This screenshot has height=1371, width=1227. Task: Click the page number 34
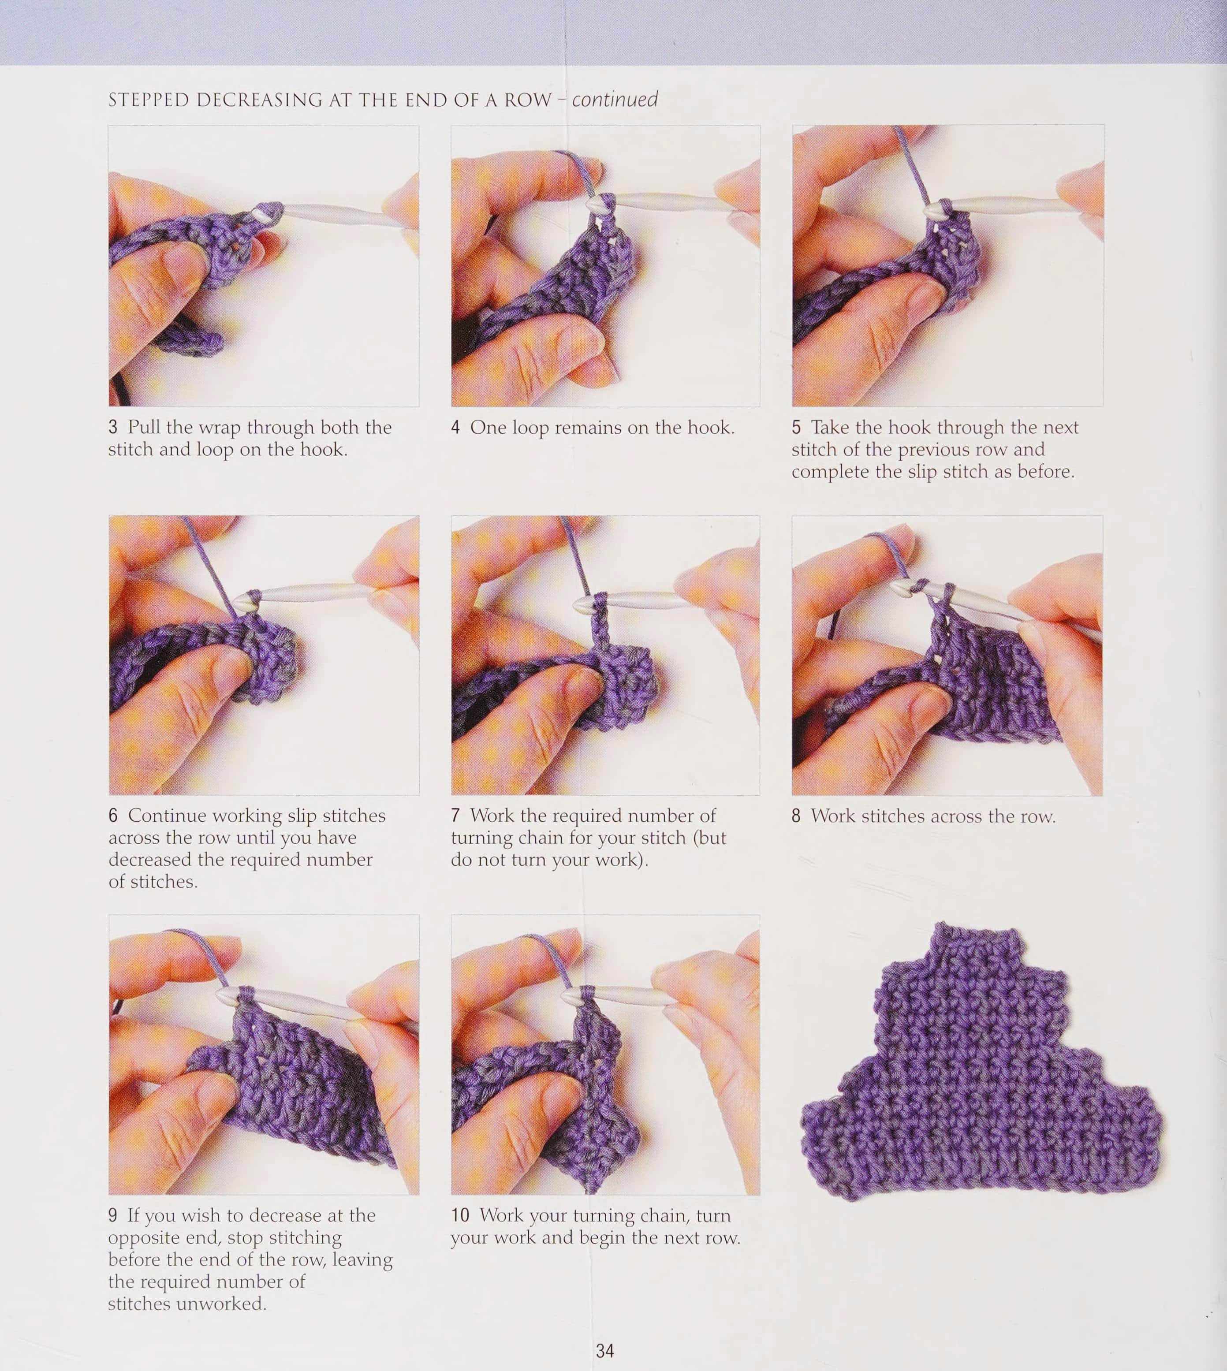pos(605,1350)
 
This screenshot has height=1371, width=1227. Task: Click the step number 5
pos(796,427)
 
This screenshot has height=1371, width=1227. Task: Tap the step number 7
pos(456,816)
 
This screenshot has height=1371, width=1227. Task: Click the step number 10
pos(460,1215)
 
